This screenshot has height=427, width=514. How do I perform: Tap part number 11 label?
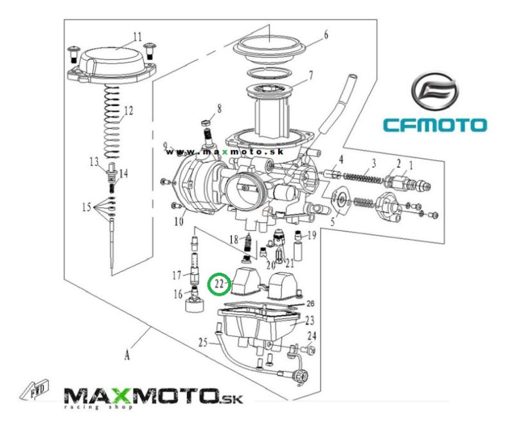tap(137, 37)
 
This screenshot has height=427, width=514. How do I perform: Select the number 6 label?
tap(326, 35)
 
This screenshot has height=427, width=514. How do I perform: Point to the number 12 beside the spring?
tap(128, 111)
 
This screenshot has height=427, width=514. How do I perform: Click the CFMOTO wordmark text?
tap(435, 125)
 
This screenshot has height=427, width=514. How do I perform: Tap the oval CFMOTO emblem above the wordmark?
tap(435, 92)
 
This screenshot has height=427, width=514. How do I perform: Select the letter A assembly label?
tap(127, 356)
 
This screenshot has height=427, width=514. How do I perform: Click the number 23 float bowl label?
tap(310, 320)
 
